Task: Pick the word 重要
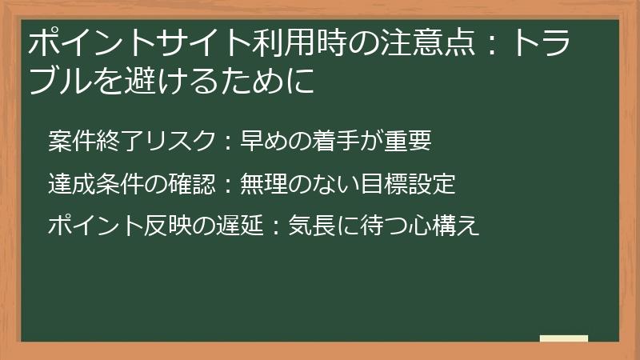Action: tap(412, 142)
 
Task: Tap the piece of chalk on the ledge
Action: tap(564, 338)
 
